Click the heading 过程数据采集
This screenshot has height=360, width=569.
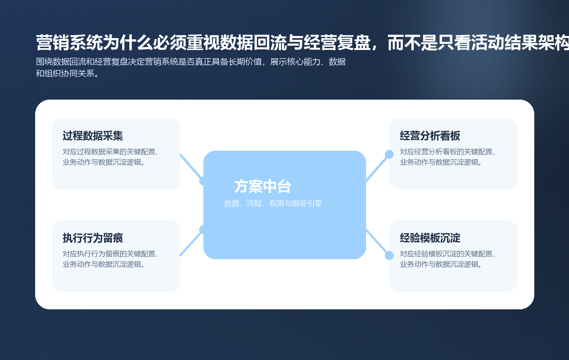[92, 136]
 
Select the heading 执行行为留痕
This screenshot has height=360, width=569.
[92, 238]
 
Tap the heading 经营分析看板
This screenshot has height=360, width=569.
[430, 136]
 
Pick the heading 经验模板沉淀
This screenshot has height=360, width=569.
[430, 238]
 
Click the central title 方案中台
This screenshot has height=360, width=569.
[262, 187]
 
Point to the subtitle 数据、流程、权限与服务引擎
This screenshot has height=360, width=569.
[273, 203]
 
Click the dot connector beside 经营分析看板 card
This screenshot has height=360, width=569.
[389, 154]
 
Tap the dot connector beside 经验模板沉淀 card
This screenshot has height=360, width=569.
[389, 255]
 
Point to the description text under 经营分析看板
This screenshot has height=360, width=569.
[448, 157]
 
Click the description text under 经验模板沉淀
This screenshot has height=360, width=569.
[448, 259]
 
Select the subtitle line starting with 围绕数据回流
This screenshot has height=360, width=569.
[191, 62]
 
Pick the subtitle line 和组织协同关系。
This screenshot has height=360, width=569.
[68, 74]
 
